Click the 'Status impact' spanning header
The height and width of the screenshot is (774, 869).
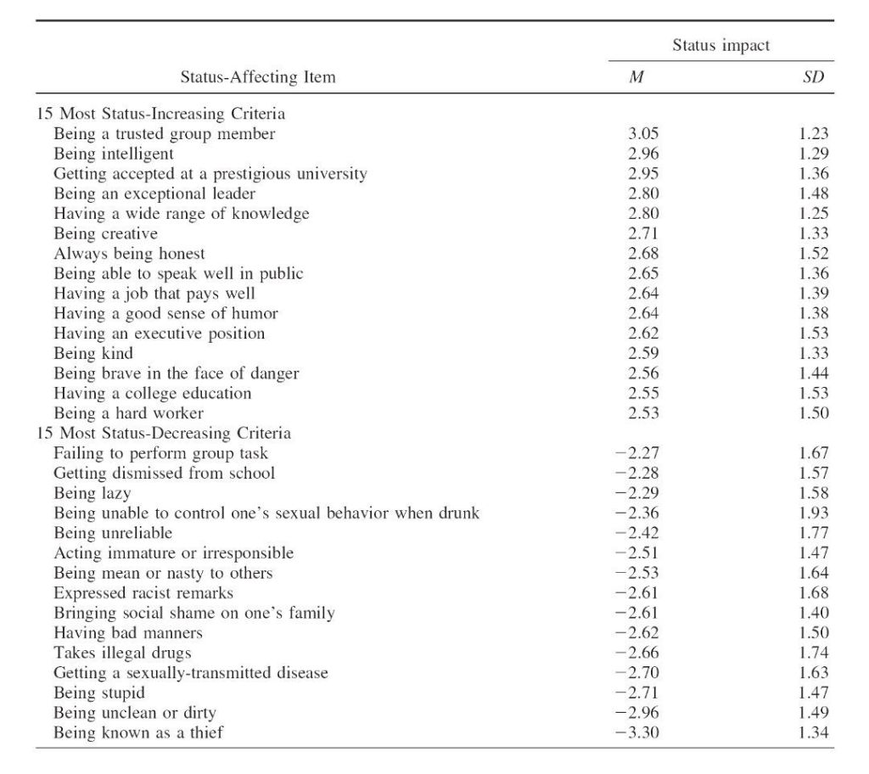(x=720, y=46)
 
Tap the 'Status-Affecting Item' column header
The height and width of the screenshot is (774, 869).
(x=258, y=77)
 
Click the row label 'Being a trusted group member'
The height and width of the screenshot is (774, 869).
(x=165, y=133)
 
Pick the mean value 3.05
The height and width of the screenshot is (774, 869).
(x=643, y=133)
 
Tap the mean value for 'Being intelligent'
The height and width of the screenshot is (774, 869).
(x=643, y=154)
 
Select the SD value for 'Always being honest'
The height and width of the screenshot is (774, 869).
(x=813, y=254)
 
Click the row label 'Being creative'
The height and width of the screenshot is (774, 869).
(x=105, y=233)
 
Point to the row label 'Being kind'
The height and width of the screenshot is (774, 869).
(x=93, y=353)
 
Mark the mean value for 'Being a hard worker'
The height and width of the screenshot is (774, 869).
(x=643, y=413)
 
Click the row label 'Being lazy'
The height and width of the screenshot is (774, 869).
(x=93, y=493)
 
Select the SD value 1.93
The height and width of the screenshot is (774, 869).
(x=813, y=513)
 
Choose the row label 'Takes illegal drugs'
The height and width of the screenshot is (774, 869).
(x=122, y=653)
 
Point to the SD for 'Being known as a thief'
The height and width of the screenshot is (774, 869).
(x=813, y=732)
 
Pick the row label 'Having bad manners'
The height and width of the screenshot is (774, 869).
(x=128, y=633)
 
